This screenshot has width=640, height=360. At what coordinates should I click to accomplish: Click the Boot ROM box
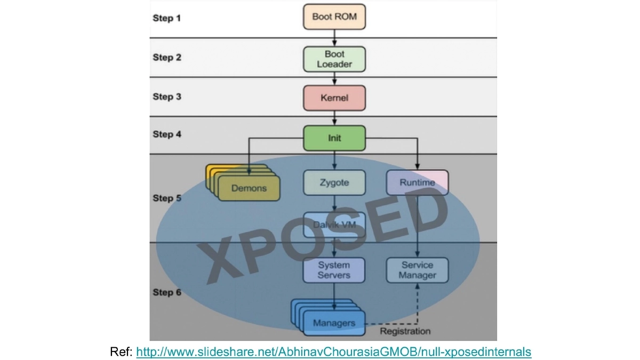click(x=334, y=17)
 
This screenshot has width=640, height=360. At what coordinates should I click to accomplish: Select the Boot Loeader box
click(x=334, y=59)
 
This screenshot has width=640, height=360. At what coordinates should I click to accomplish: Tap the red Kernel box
click(x=334, y=98)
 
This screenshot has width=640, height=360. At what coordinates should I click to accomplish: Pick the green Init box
click(x=334, y=138)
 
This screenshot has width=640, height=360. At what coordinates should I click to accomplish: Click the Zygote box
click(x=334, y=182)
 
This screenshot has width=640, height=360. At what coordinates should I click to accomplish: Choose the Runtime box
click(x=417, y=182)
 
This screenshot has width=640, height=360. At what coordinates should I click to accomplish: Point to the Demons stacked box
click(x=249, y=188)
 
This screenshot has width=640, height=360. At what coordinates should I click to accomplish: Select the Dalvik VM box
click(x=334, y=225)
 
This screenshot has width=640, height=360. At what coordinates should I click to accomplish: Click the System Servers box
click(x=334, y=270)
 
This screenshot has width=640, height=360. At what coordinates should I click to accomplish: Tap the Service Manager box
click(x=417, y=270)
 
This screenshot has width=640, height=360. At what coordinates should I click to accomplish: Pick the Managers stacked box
click(x=334, y=323)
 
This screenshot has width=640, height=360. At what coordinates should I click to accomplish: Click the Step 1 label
click(x=167, y=18)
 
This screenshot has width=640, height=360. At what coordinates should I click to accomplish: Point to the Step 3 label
click(x=167, y=97)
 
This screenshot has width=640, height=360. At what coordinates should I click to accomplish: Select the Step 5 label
click(x=167, y=198)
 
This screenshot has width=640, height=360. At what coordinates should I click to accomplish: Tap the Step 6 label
click(x=167, y=292)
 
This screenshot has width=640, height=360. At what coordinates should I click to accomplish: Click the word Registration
click(x=405, y=331)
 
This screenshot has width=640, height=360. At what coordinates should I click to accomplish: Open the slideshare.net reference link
click(x=334, y=352)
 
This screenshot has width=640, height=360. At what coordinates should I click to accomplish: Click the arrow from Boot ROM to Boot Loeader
click(x=334, y=38)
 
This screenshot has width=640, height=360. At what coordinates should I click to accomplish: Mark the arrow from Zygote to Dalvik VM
click(x=334, y=204)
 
